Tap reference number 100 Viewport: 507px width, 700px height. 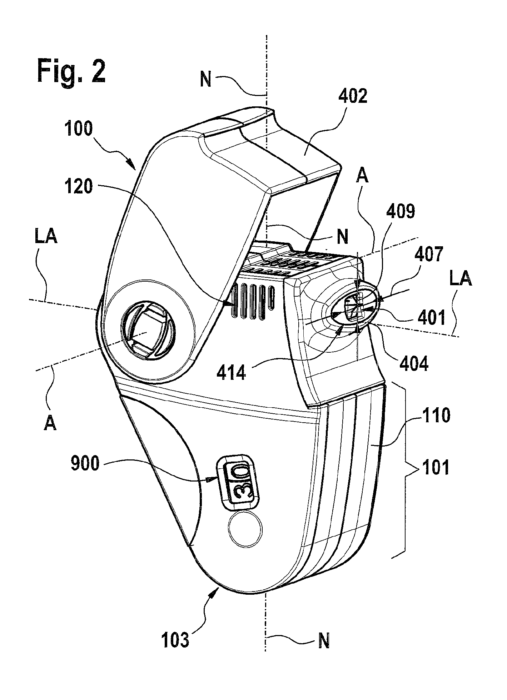point(79,129)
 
